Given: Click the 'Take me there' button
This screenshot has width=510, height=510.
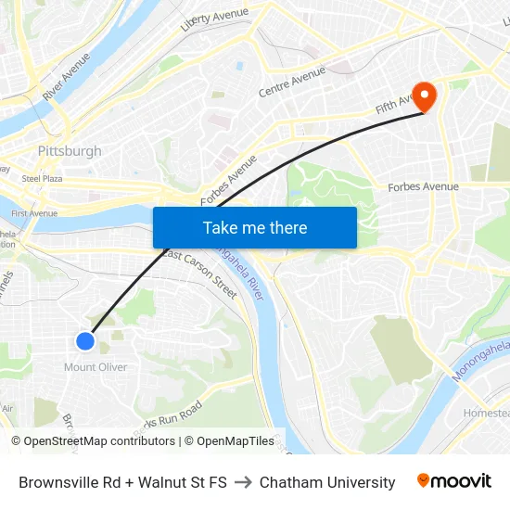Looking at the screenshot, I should (255, 227).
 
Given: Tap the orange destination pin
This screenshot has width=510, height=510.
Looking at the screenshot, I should (427, 96).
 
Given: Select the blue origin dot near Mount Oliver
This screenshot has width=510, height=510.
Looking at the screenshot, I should (84, 341).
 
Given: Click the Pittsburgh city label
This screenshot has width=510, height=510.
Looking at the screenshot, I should (70, 151).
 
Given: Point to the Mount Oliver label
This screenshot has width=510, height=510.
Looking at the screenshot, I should (96, 367).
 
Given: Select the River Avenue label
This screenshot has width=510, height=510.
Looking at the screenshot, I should (66, 77).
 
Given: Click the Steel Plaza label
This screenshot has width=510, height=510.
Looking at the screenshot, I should (42, 178).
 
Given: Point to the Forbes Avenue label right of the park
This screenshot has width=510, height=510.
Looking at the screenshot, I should (423, 187).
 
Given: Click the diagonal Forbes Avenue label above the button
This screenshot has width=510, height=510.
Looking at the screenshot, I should (228, 181).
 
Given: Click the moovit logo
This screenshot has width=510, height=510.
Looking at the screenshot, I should (453, 481).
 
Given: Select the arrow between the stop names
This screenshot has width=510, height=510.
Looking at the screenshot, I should (243, 482).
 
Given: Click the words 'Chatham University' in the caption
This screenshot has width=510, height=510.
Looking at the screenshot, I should (327, 482).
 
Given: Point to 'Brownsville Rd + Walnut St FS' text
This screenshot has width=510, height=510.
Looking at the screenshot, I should (122, 482).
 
